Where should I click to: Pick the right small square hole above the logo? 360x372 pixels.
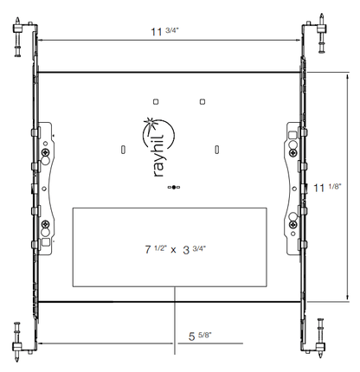[202, 100]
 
